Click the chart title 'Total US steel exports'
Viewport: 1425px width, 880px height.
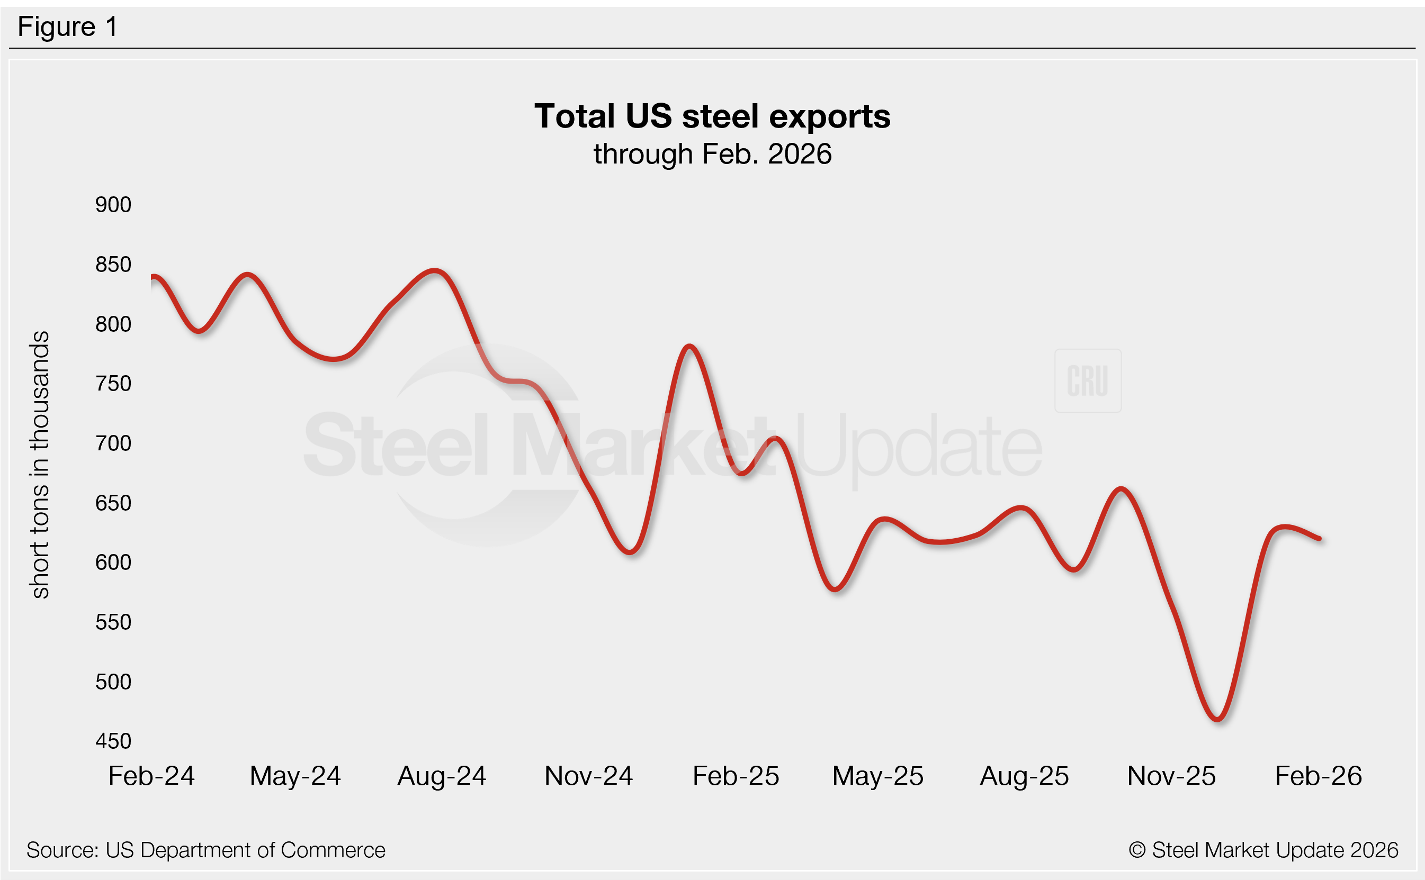tap(712, 116)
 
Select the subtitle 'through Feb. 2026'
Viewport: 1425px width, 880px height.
tap(712, 154)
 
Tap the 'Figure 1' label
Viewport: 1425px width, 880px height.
tap(68, 27)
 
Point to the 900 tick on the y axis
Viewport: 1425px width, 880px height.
tap(113, 205)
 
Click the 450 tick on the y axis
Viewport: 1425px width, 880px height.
tap(113, 741)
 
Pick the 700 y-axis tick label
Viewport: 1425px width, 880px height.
tap(113, 443)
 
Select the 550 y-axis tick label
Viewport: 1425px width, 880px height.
tap(113, 622)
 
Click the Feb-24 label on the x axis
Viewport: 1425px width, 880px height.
tap(151, 776)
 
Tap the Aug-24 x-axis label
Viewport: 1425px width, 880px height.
tap(442, 776)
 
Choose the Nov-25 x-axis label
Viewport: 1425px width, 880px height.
tap(1171, 776)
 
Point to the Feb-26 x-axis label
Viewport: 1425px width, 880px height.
tap(1318, 776)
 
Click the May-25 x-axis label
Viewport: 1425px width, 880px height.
tap(877, 776)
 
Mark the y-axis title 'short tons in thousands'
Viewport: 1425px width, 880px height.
tap(40, 465)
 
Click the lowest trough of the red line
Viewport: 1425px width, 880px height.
tap(1217, 719)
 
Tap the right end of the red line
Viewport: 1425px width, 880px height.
tap(1319, 538)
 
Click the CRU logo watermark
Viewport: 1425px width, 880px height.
tap(1087, 381)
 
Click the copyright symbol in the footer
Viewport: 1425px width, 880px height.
tap(1137, 850)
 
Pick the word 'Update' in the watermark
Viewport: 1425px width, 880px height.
tap(917, 447)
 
